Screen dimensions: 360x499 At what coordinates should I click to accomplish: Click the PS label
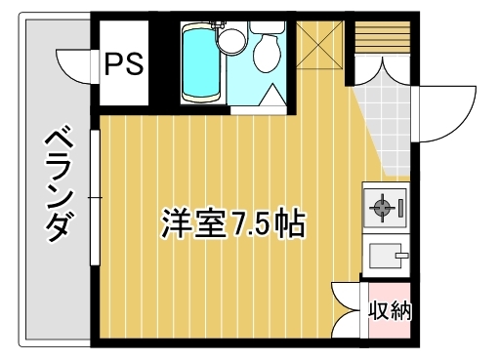[x=124, y=64]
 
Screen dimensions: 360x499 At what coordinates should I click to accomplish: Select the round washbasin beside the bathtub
[x=231, y=39]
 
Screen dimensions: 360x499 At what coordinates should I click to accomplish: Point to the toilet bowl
[x=266, y=56]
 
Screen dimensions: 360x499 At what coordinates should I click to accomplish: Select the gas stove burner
[x=381, y=207]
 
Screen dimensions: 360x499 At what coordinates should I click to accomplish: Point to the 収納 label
[x=390, y=312]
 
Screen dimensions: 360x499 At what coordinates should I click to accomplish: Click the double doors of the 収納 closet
[x=349, y=312]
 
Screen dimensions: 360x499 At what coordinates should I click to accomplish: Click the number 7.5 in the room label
[x=252, y=225]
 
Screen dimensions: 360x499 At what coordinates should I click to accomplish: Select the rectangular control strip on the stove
[x=402, y=207]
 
